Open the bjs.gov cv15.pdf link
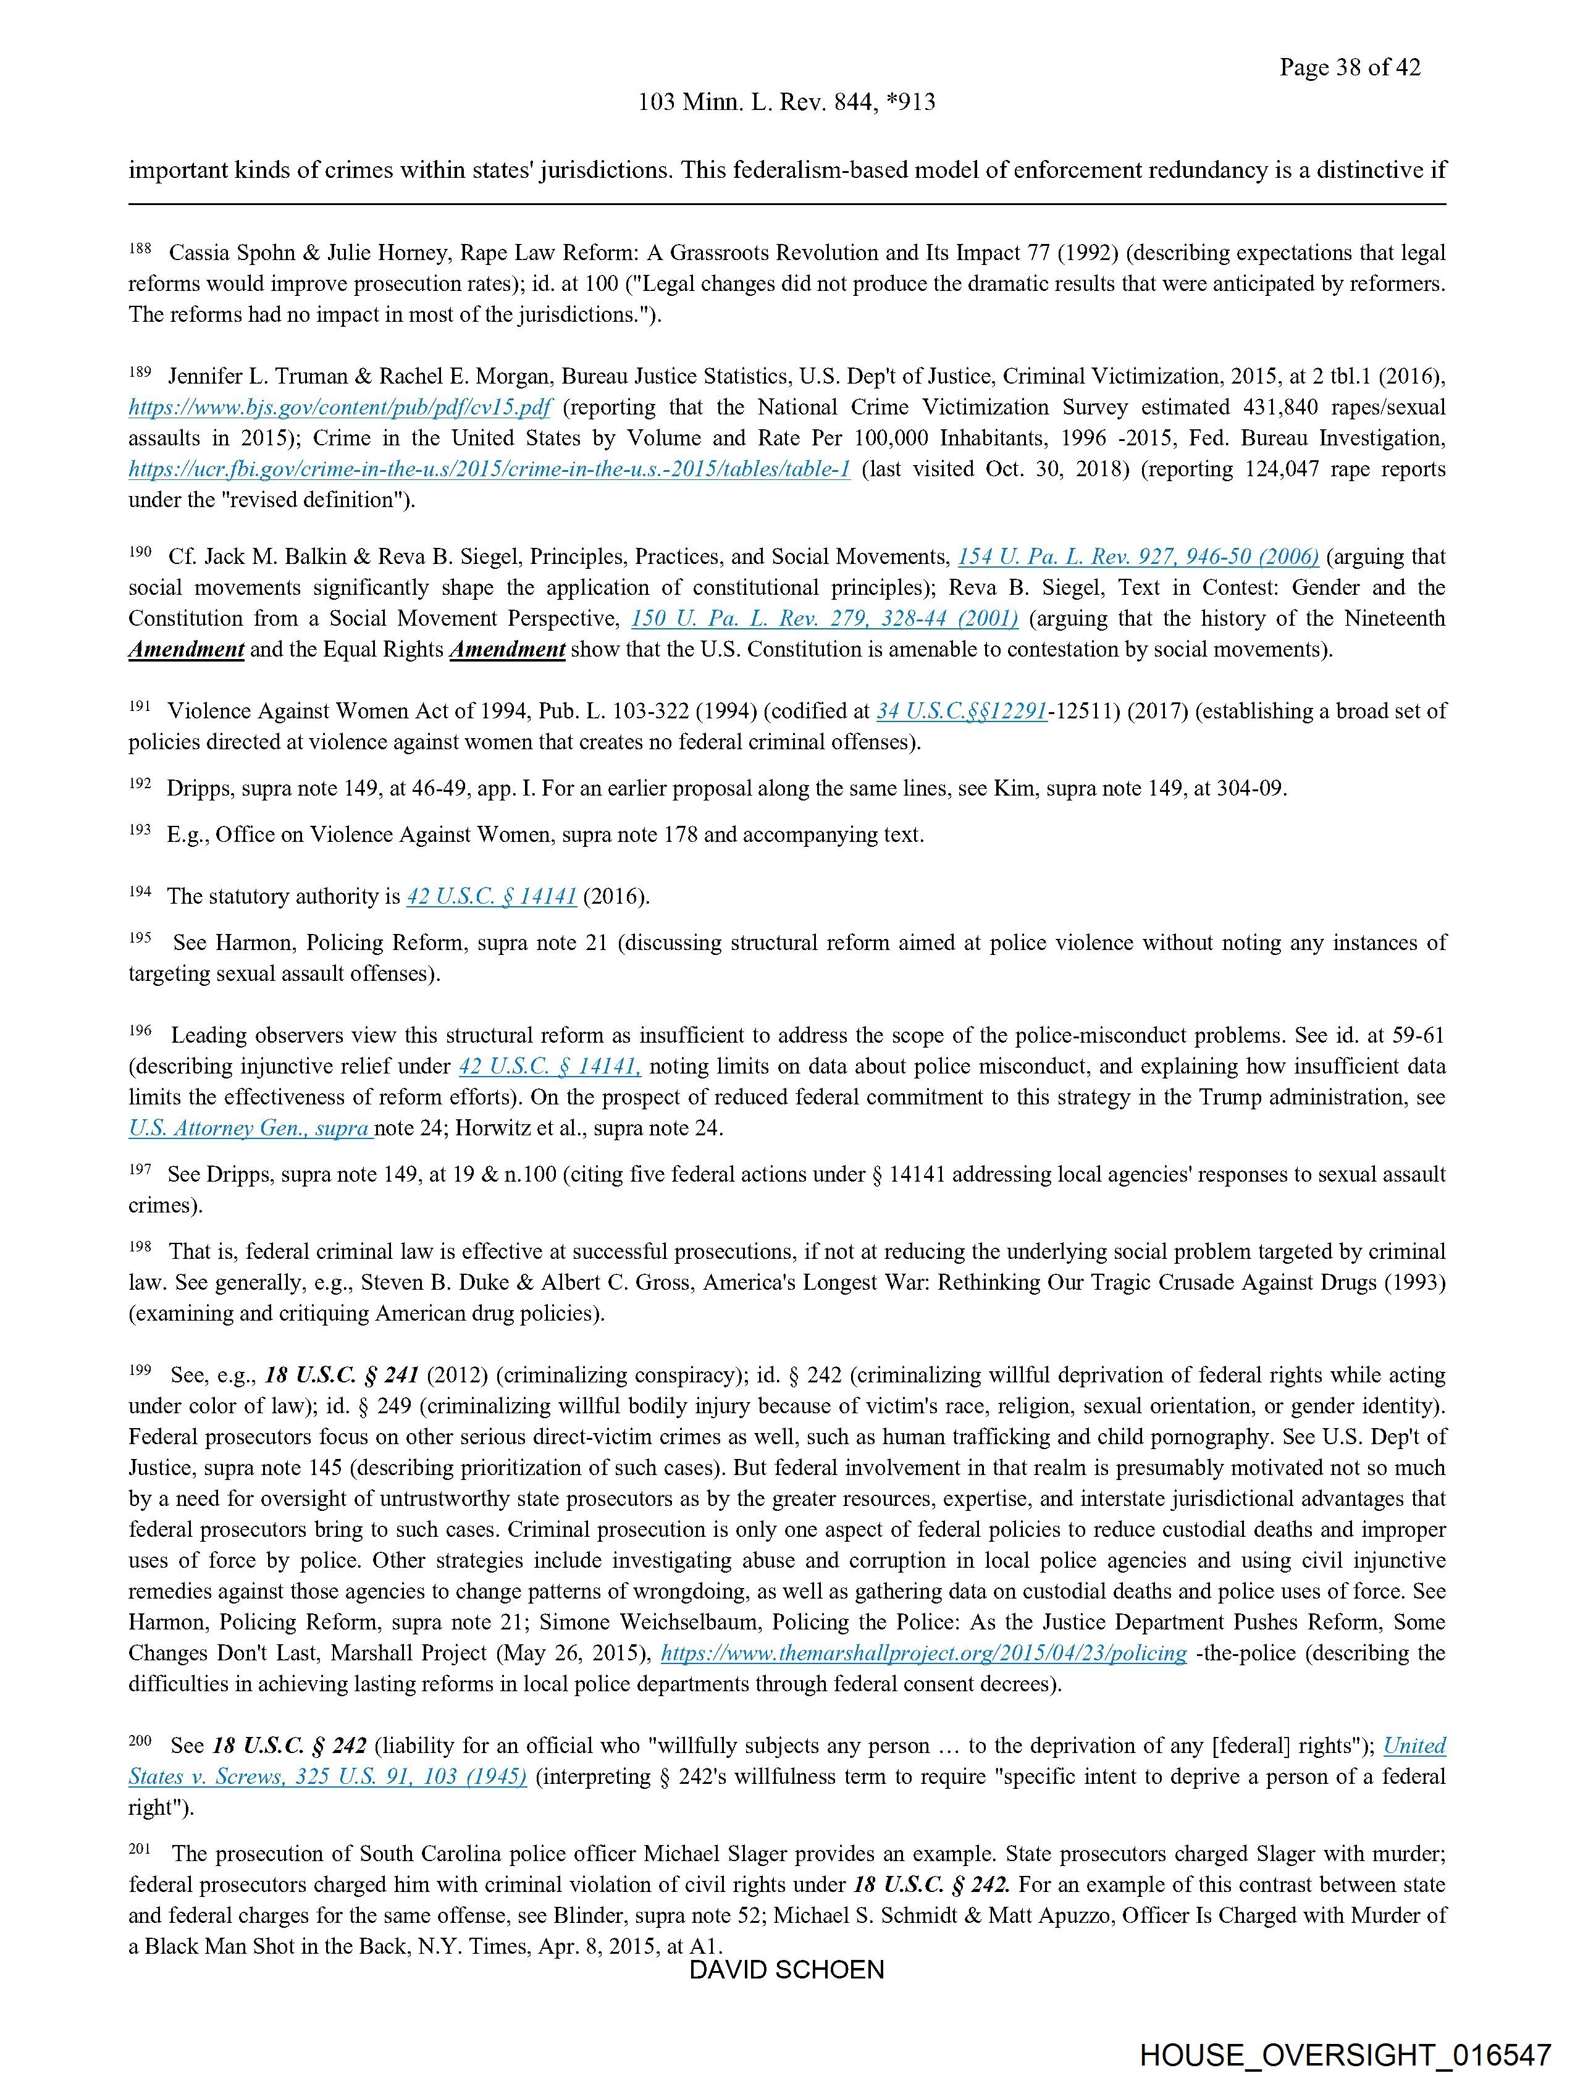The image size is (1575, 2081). click(340, 407)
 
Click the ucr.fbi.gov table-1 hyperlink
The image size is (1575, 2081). click(489, 469)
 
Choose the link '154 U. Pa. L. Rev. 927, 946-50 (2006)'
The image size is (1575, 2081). click(1138, 557)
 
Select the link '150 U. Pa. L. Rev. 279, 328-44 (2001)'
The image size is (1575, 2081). click(824, 619)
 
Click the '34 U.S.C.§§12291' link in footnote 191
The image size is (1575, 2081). click(962, 711)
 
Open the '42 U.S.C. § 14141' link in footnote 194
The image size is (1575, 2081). click(491, 896)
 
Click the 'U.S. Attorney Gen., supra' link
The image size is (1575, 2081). click(250, 1128)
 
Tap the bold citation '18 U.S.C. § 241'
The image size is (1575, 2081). click(342, 1376)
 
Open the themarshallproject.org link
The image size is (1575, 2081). click(924, 1653)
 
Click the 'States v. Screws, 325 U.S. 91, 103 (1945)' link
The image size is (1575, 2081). click(327, 1776)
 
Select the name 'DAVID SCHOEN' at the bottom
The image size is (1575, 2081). click(786, 1970)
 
